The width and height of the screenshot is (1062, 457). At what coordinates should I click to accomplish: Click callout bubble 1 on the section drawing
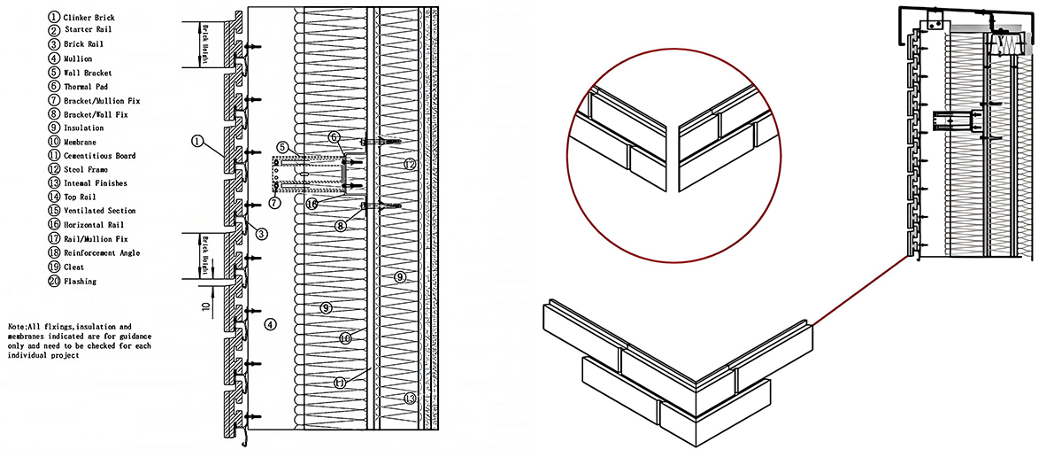[x=197, y=141]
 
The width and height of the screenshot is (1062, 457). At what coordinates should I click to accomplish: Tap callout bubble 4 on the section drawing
[x=270, y=325]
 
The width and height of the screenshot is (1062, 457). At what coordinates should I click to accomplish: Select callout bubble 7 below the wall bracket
[x=275, y=203]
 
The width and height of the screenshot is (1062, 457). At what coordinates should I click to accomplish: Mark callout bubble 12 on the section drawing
[x=410, y=165]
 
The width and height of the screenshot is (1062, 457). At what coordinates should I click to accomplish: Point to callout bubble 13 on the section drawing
[x=410, y=399]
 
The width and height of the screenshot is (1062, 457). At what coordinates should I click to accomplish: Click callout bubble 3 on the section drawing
[x=261, y=234]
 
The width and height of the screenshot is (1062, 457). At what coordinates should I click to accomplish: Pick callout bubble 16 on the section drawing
[x=312, y=204]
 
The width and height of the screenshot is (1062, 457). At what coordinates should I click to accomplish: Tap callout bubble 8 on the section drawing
[x=340, y=226]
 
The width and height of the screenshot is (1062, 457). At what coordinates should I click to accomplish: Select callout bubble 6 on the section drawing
[x=335, y=137]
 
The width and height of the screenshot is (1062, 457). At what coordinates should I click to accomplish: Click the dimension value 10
[x=206, y=306]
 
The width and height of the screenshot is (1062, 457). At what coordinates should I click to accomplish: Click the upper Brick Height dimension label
[x=205, y=44]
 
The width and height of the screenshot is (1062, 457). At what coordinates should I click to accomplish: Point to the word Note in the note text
[x=17, y=327]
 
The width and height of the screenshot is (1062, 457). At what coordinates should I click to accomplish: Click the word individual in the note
[x=26, y=355]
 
